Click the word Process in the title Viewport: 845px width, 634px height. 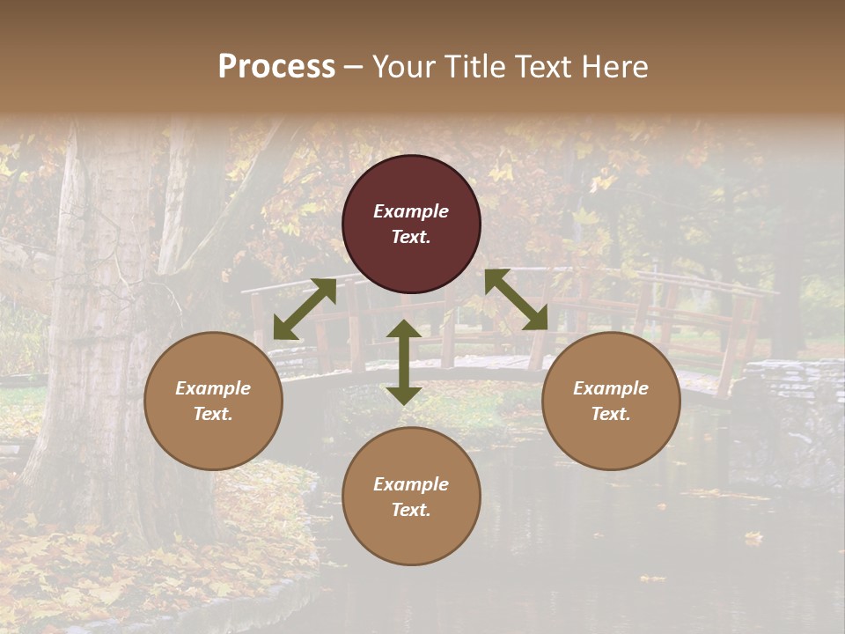pyautogui.click(x=276, y=67)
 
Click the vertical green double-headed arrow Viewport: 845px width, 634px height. pyautogui.click(x=404, y=362)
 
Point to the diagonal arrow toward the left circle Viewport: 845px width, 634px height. pyautogui.click(x=305, y=309)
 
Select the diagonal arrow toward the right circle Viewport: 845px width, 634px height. pyautogui.click(x=516, y=299)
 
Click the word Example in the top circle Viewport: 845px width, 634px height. pyautogui.click(x=411, y=211)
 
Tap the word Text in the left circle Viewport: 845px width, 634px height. pyautogui.click(x=213, y=414)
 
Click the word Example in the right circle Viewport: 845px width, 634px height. pyautogui.click(x=611, y=388)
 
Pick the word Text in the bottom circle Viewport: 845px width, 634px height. pyautogui.click(x=411, y=510)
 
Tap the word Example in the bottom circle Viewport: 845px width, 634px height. pyautogui.click(x=411, y=484)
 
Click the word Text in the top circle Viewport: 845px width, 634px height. pyautogui.click(x=411, y=237)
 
